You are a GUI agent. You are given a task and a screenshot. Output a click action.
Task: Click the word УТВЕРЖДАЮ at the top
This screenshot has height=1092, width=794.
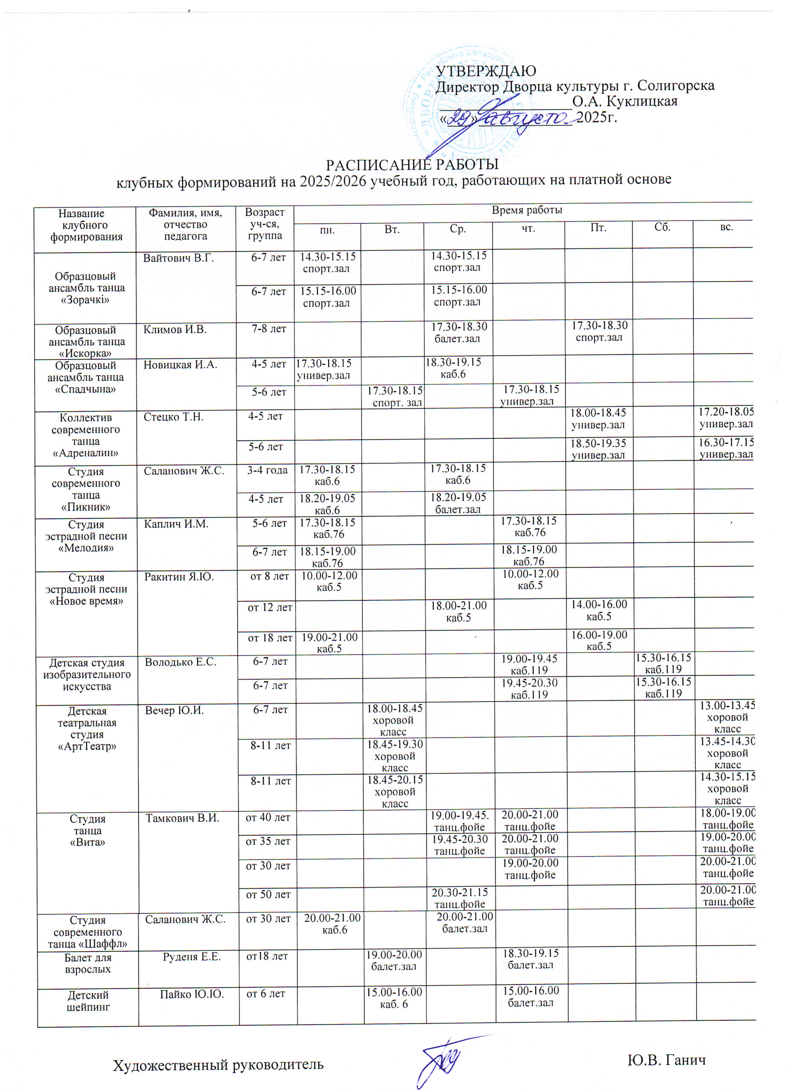point(486,71)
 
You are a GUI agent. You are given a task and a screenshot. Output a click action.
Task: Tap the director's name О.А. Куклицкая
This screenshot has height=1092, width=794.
point(625,102)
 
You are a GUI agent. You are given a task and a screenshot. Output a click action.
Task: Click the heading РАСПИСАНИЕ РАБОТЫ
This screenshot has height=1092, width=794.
point(412,165)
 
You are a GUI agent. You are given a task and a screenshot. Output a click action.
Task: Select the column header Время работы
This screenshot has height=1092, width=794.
point(527,210)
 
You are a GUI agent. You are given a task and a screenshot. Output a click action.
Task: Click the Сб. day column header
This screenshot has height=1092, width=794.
point(663,227)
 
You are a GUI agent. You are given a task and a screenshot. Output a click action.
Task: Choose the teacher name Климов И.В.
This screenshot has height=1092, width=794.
point(175,329)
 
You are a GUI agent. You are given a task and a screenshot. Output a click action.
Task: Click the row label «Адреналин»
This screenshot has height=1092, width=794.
point(86,453)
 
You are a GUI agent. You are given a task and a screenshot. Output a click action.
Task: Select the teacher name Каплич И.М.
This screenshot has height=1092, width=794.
point(176,523)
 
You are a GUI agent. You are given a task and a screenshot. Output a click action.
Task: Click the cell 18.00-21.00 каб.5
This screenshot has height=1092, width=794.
point(458,612)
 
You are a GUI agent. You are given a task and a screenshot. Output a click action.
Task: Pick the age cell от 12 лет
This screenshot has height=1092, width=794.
point(270,607)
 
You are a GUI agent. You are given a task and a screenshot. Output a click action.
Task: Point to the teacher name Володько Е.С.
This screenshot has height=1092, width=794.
point(181,662)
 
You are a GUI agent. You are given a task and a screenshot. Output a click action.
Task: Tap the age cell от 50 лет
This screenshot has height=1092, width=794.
point(269,895)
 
